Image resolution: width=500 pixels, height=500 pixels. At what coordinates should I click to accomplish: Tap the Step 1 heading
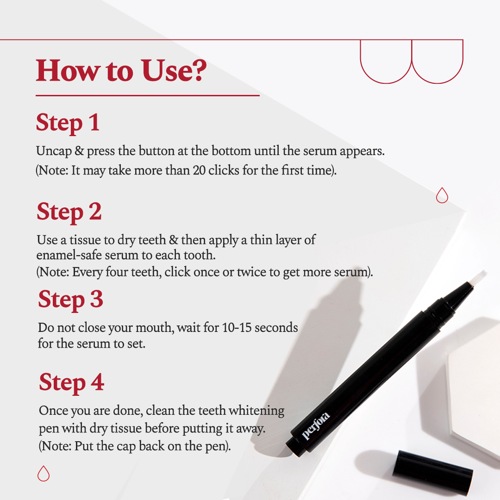[68, 123]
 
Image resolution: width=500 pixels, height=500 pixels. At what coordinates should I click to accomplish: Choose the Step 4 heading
[71, 382]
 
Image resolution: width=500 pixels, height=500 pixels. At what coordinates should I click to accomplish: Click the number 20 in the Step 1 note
[198, 170]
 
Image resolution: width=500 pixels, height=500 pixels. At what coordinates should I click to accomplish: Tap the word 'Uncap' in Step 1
[52, 152]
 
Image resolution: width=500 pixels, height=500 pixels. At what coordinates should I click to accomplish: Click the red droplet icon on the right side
[442, 195]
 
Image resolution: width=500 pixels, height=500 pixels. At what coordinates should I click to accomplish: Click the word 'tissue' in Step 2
[78, 240]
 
